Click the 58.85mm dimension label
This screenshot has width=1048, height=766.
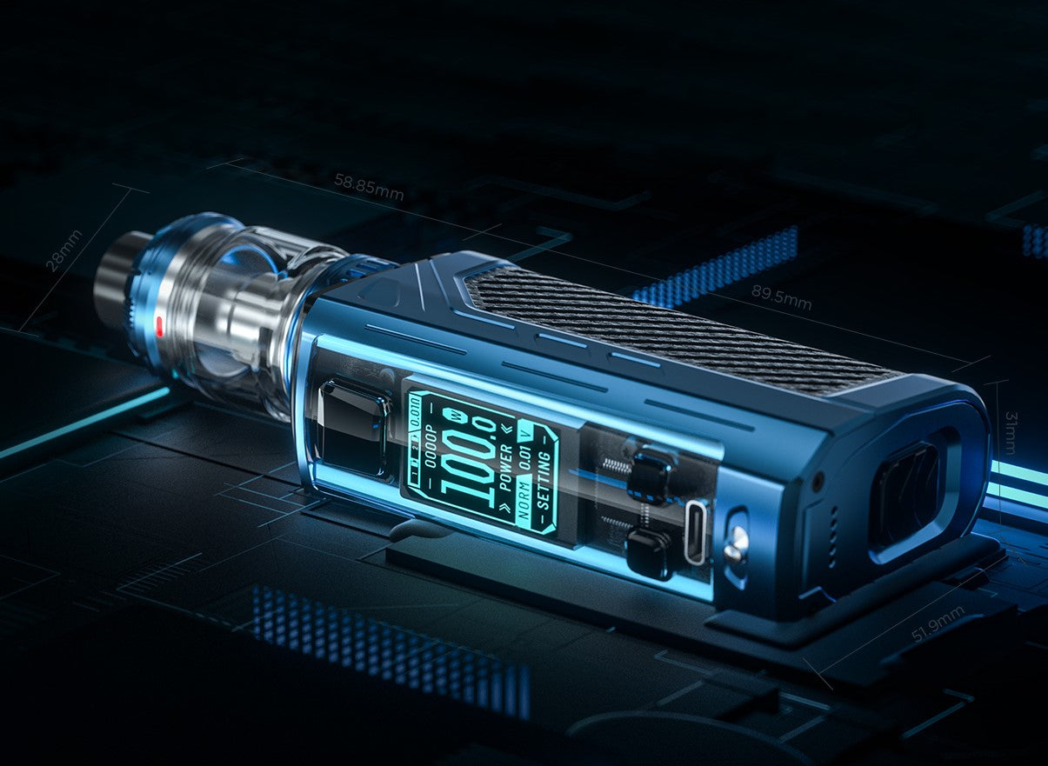[x=369, y=187]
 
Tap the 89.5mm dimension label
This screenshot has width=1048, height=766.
[x=781, y=297]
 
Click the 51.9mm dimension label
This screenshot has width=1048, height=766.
[x=938, y=624]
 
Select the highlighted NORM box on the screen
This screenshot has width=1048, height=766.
[x=524, y=504]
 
